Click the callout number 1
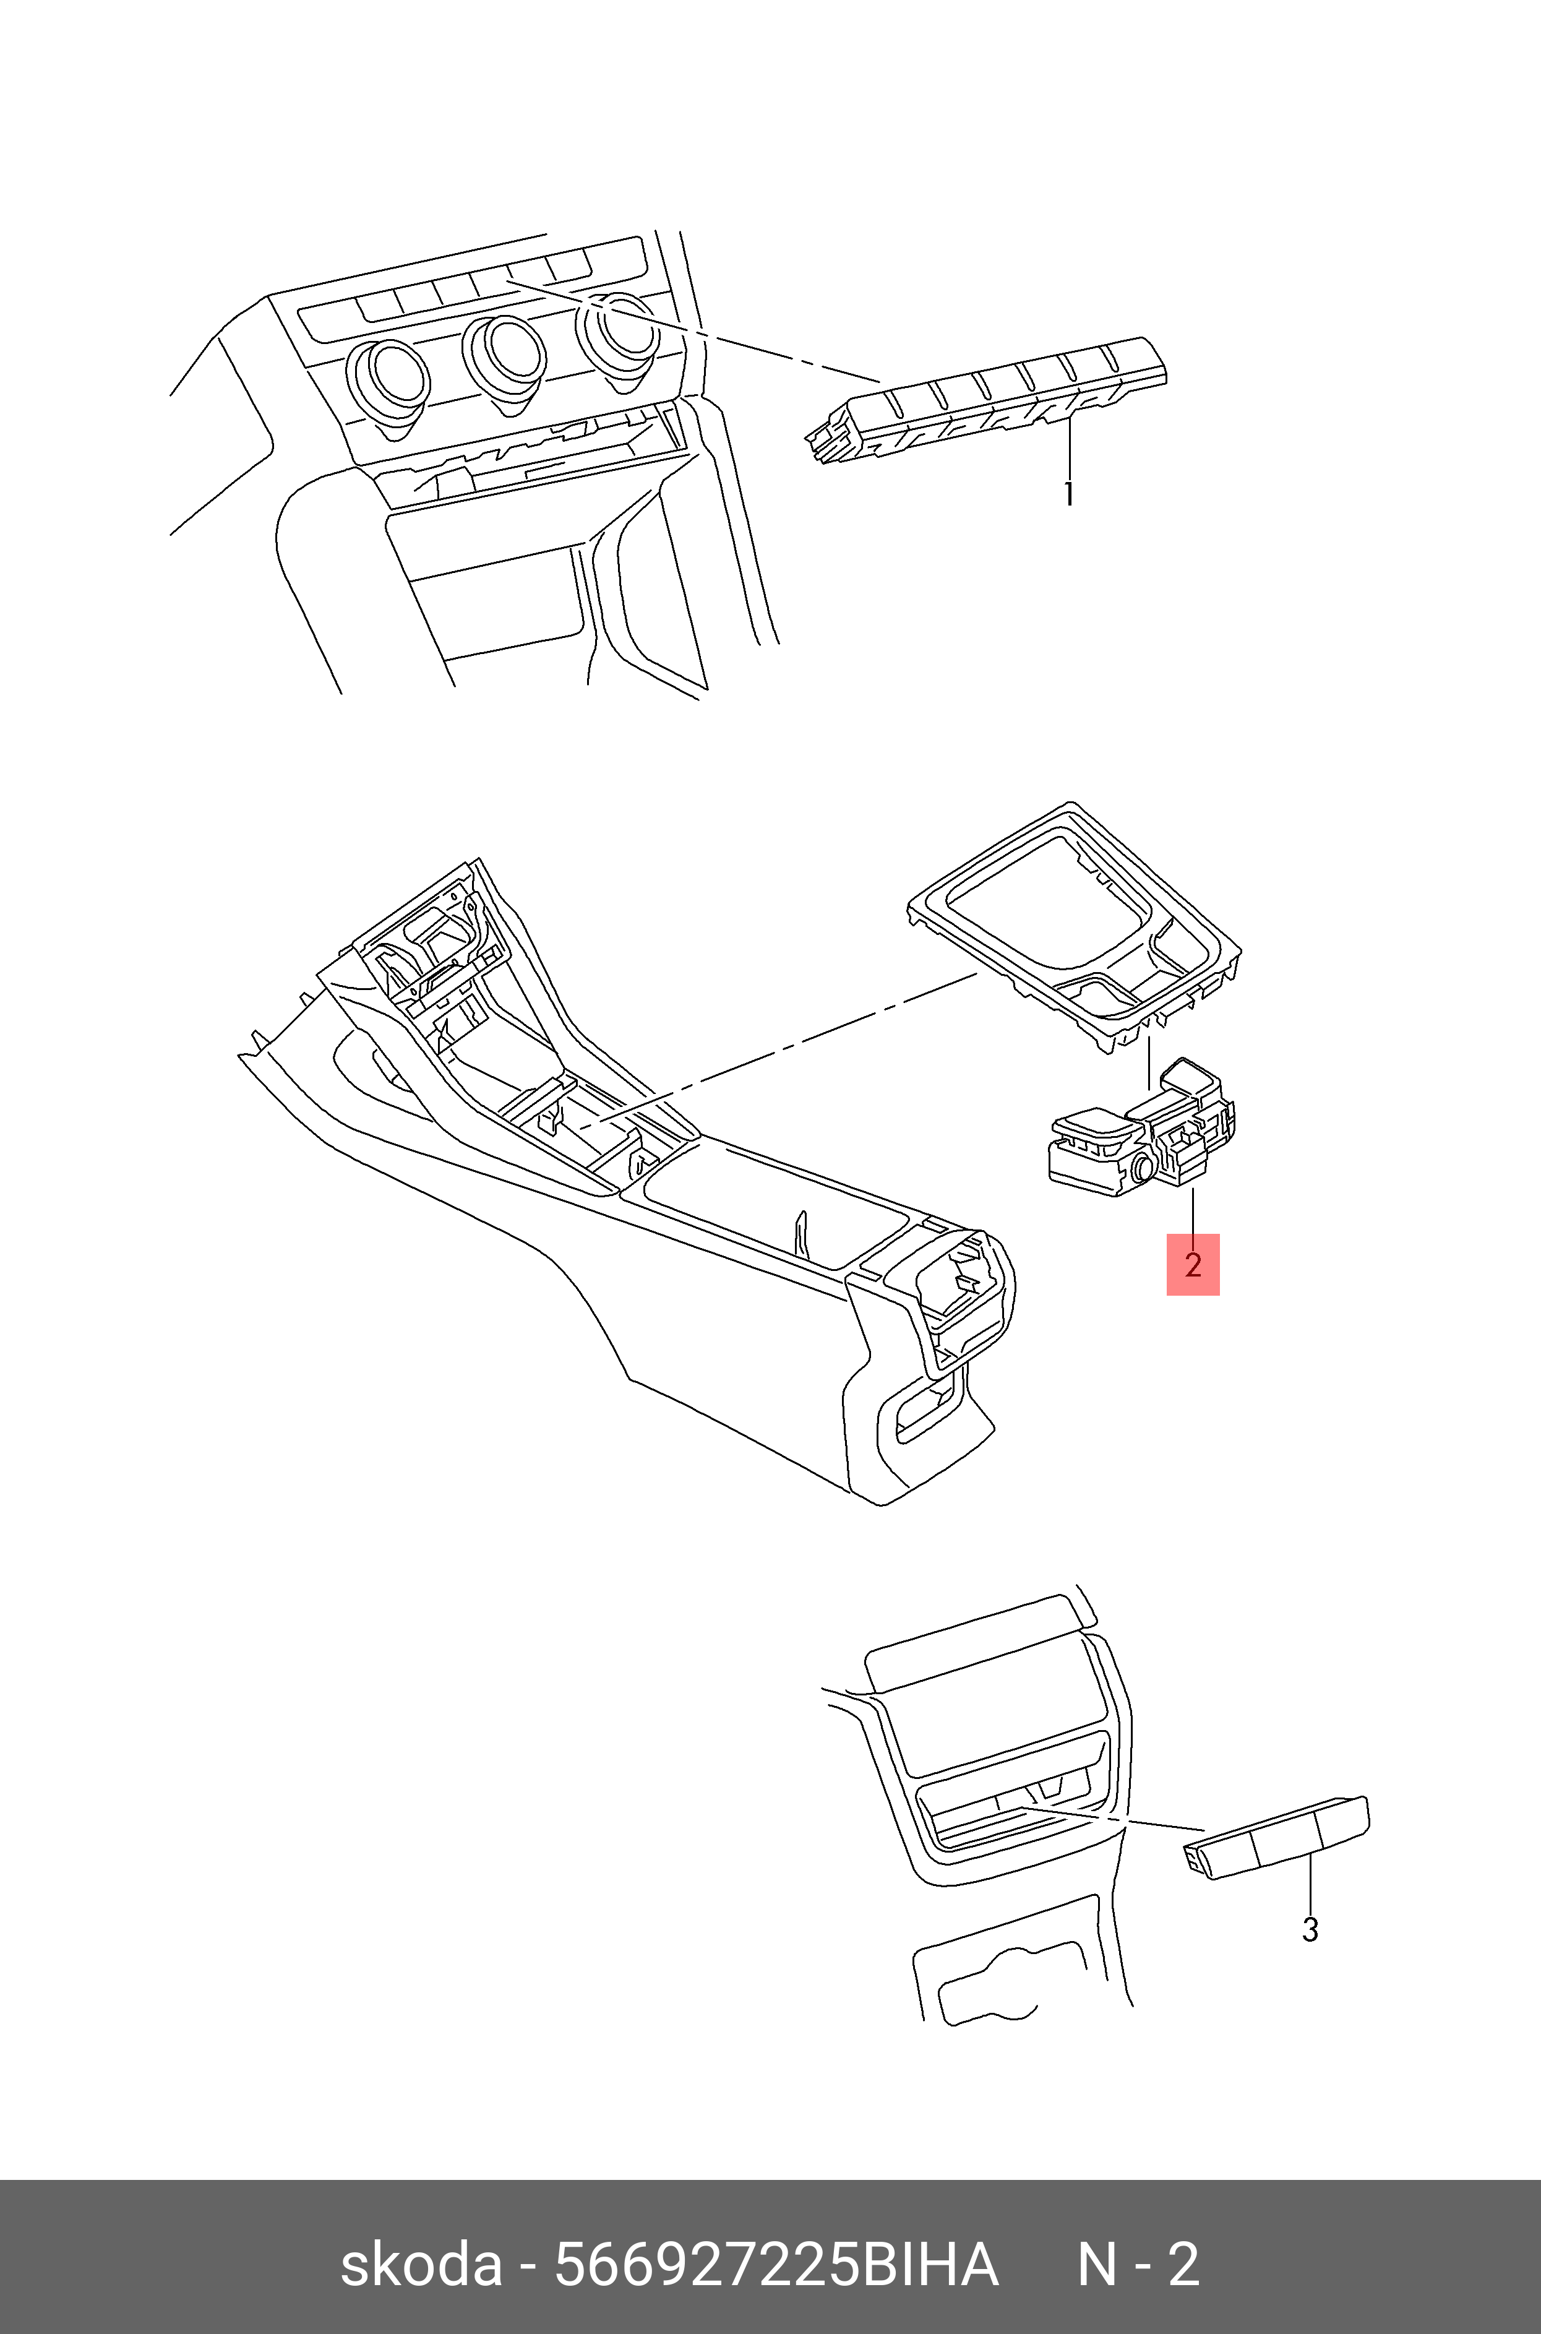1068,493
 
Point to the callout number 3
1310,1929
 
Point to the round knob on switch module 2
1143,1168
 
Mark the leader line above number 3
1310,1882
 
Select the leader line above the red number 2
1193,1211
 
